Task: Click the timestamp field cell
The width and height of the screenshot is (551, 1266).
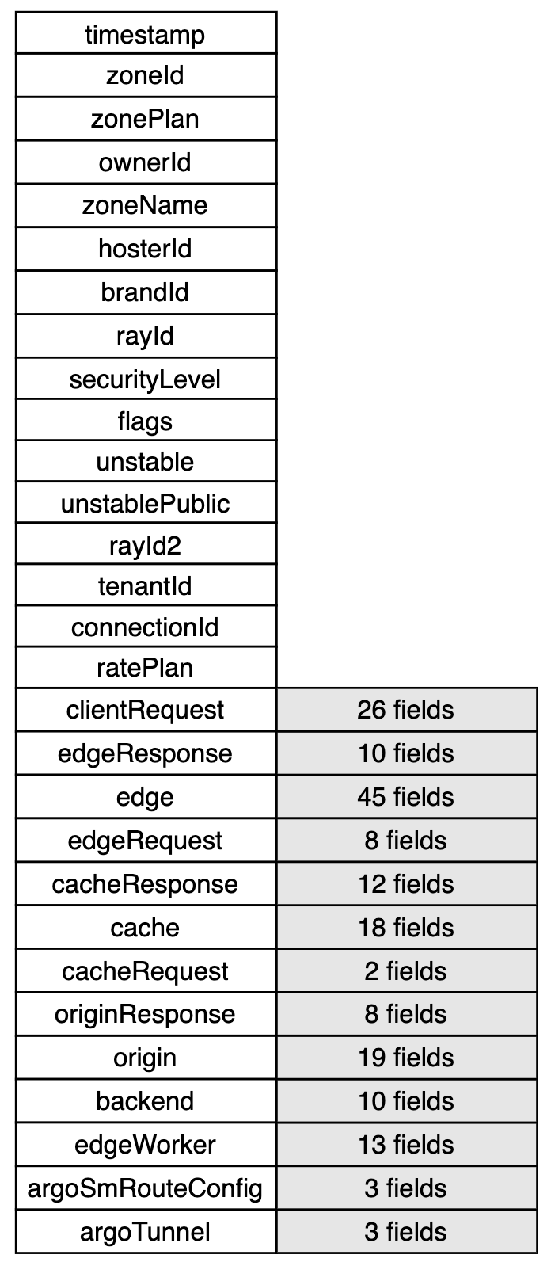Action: [146, 32]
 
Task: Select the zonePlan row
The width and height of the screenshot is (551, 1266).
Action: [146, 119]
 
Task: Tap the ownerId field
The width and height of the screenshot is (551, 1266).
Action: [146, 162]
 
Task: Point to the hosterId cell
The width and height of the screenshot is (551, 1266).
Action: [146, 249]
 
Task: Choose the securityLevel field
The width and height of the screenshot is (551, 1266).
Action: [146, 378]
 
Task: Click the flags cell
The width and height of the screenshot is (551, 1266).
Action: [146, 420]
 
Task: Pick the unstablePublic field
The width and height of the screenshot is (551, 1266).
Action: [146, 502]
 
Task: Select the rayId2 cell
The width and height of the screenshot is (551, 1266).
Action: [146, 543]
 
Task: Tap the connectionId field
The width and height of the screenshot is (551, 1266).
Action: [146, 626]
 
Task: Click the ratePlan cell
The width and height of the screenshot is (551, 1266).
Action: [146, 668]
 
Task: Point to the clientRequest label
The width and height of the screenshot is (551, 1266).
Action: [146, 710]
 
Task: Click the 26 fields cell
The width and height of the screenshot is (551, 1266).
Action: [406, 710]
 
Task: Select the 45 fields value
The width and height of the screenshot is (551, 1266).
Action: [406, 796]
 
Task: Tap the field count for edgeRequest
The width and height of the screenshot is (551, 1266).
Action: [406, 840]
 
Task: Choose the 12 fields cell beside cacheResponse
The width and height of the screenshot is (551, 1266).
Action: [406, 883]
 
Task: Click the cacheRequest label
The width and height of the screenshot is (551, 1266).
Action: [146, 970]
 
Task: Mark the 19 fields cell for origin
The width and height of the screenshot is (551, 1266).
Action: [406, 1058]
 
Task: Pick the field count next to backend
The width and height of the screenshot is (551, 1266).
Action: [406, 1101]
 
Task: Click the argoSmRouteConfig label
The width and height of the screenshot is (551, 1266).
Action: [146, 1188]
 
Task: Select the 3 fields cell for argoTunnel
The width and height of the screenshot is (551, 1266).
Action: [406, 1231]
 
